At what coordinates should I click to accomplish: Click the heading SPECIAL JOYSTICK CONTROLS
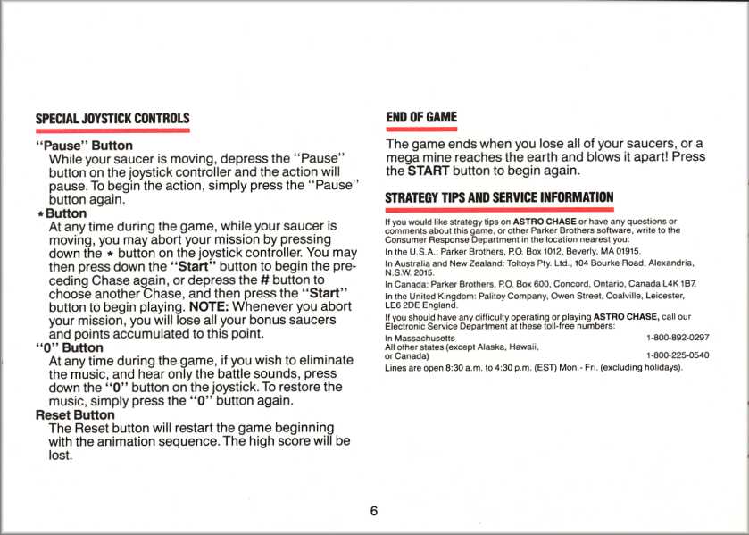(x=112, y=118)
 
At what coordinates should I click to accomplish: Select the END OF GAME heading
(x=420, y=117)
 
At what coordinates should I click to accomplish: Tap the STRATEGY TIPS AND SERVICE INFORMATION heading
(x=499, y=196)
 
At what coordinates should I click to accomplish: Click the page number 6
(x=374, y=511)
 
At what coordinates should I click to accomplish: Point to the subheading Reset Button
(x=75, y=415)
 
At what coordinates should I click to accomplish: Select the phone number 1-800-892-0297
(x=677, y=338)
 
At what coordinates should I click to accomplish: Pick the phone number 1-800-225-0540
(x=677, y=355)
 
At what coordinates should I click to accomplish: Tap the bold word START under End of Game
(x=428, y=170)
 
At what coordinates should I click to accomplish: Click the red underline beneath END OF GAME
(x=420, y=130)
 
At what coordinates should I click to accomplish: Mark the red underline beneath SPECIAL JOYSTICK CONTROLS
(x=112, y=130)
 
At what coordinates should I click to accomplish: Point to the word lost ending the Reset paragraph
(x=60, y=456)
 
